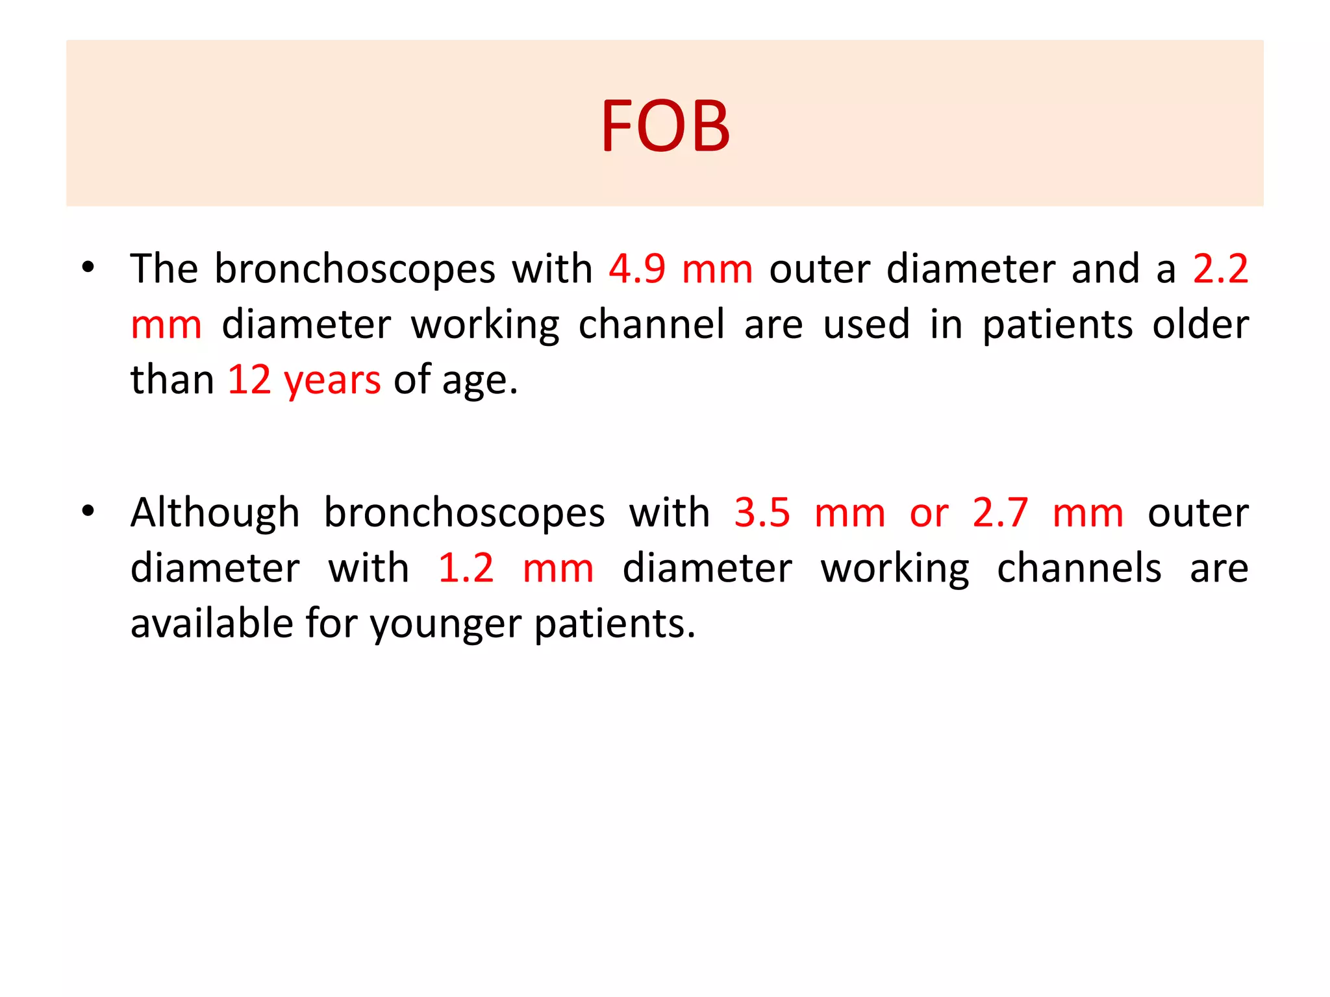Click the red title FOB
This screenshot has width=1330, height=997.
665,126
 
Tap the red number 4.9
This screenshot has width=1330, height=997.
637,269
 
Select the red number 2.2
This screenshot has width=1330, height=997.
1220,269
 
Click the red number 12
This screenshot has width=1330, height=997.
249,380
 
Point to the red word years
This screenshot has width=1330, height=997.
332,381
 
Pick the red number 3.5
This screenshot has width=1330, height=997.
762,513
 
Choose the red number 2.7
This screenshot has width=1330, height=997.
1000,513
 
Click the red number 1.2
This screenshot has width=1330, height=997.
466,569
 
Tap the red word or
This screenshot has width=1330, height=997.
929,514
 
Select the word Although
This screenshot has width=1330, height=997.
215,513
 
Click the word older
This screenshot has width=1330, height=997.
1200,325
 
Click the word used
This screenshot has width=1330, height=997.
866,325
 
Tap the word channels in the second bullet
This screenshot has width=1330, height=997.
1079,569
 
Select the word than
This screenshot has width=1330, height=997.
172,380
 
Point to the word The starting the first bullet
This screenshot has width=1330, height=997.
164,269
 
